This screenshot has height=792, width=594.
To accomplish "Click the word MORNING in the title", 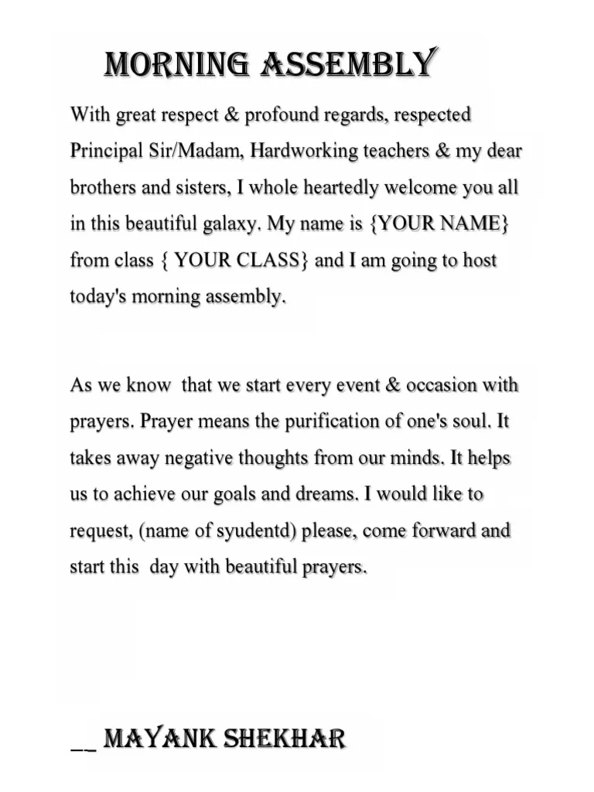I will [176, 64].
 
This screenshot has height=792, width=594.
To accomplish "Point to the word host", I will [480, 260].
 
